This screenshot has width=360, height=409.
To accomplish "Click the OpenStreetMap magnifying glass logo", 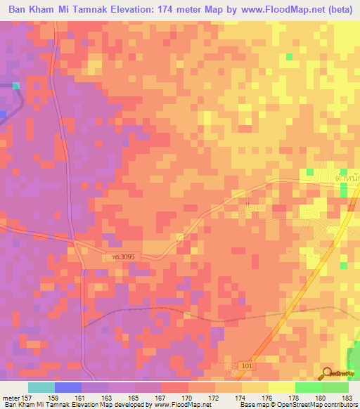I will (327, 373).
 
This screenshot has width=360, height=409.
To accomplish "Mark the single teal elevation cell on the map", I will (15, 86).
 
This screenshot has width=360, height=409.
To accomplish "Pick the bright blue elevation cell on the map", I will (3, 114).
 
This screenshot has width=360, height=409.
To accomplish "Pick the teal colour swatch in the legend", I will (41, 387).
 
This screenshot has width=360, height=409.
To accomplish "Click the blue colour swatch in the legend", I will (68, 387).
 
